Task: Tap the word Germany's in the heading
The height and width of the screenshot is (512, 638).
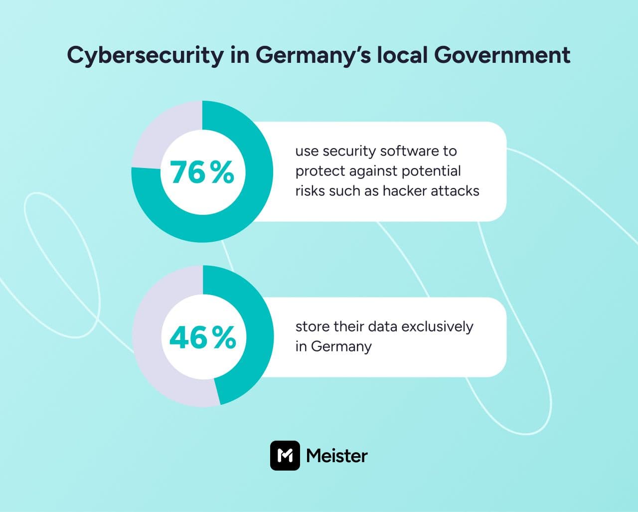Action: [313, 55]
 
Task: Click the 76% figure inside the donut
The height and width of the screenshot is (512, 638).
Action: [202, 172]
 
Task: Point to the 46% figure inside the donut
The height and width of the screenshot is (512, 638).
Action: [202, 338]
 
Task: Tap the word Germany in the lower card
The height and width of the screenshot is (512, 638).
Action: [341, 346]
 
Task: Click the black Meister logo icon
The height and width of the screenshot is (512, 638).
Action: [285, 455]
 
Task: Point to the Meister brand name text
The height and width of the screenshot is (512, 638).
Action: [337, 455]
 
